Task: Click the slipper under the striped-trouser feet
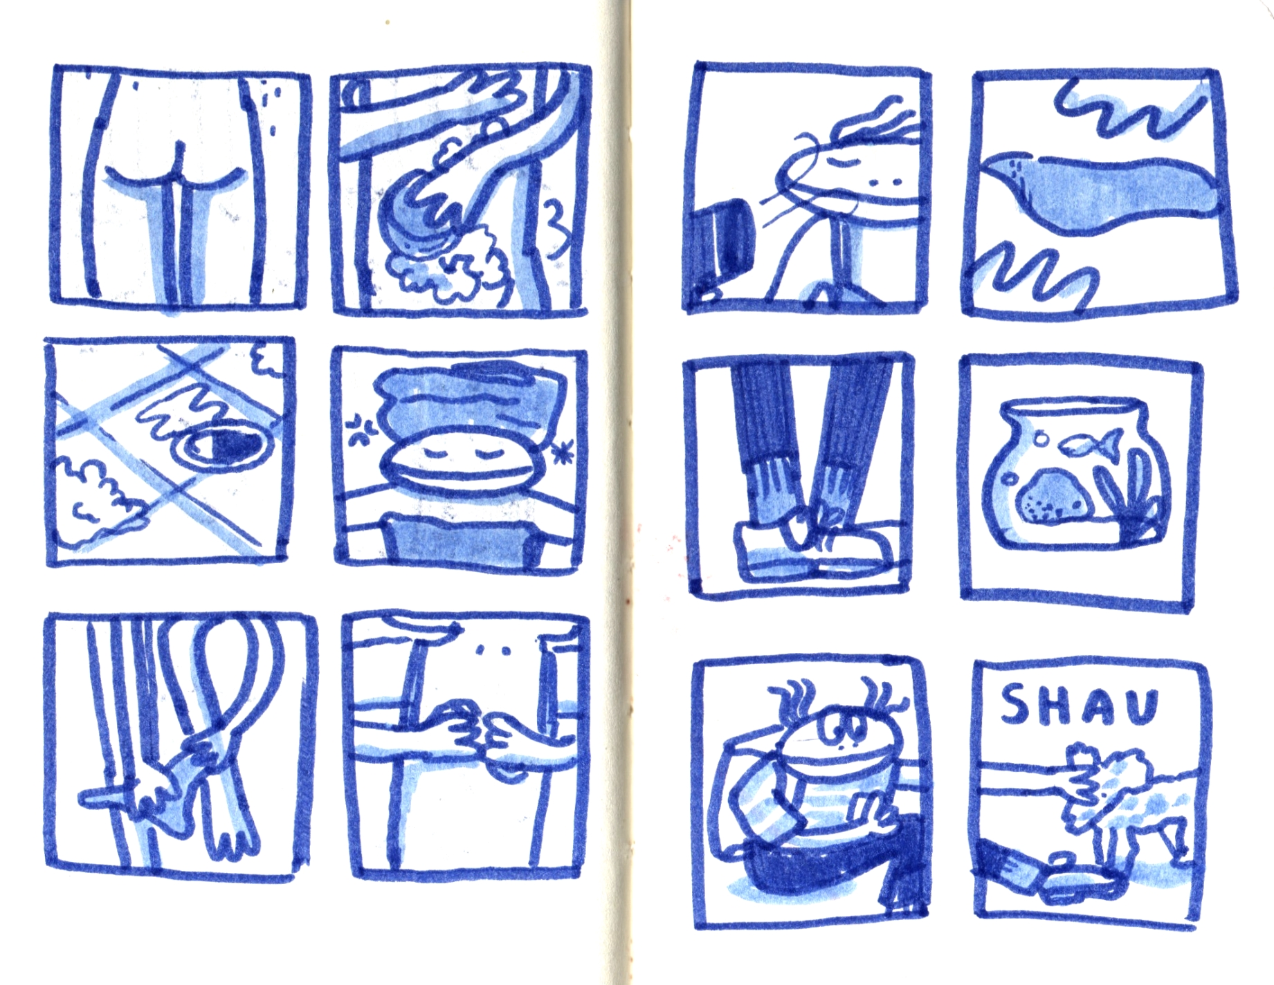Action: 811,553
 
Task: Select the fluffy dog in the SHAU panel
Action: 1121,802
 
